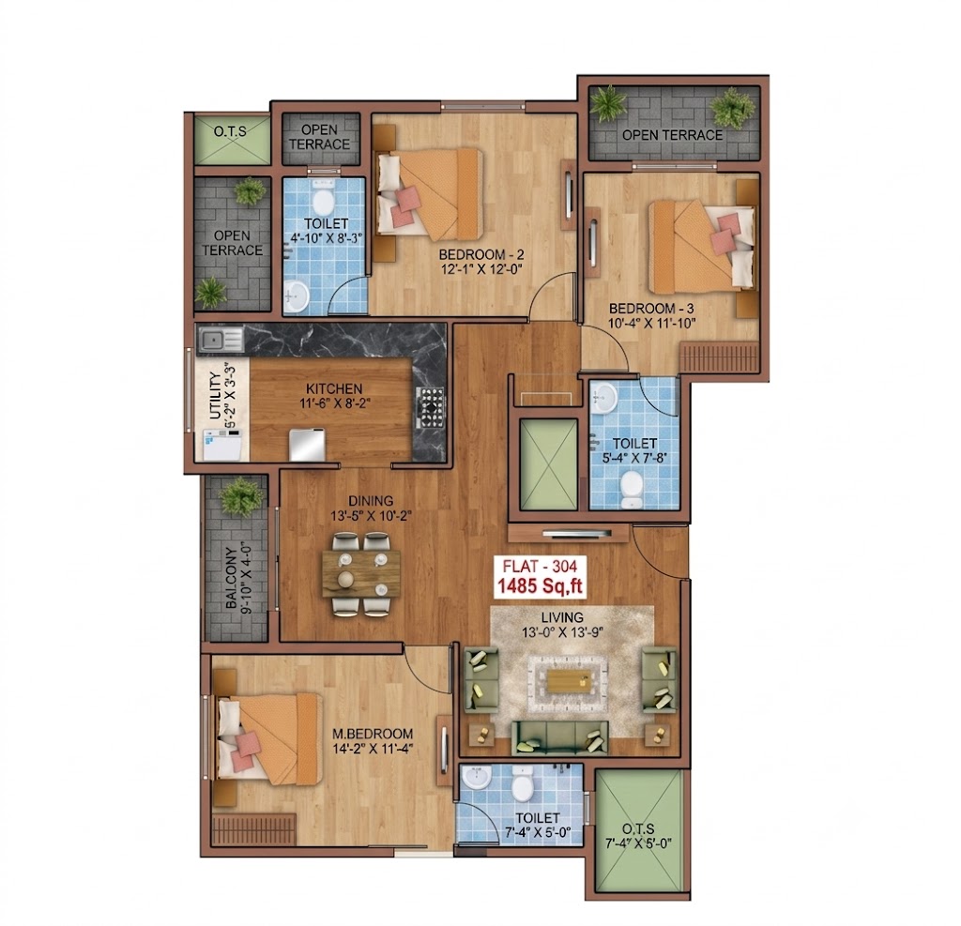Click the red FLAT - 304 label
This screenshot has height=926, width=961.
coord(540,567)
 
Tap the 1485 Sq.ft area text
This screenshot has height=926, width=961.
coord(540,586)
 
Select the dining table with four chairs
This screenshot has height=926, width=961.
coord(361,573)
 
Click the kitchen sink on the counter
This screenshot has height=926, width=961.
coord(220,340)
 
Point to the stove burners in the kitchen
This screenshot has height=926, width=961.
coord(431,407)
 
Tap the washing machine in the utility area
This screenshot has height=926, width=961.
coord(222,445)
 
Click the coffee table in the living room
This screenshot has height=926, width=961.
coord(568,681)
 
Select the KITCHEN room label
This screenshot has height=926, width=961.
coord(334,388)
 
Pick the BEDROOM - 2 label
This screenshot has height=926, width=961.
coord(481,254)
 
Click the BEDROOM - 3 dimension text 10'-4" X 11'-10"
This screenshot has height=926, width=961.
coord(652,323)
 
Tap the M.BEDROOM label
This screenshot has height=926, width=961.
coord(373,734)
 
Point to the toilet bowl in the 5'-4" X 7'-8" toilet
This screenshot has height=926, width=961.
coord(631,489)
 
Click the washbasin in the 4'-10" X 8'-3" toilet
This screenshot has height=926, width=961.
coord(297,296)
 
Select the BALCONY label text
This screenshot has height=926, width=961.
coord(231,578)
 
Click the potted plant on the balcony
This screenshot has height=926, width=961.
coord(241,496)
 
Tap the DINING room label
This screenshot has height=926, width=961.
coord(371,501)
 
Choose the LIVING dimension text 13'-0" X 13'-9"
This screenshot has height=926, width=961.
coord(563,632)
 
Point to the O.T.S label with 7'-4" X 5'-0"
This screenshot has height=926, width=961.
coord(638,837)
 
